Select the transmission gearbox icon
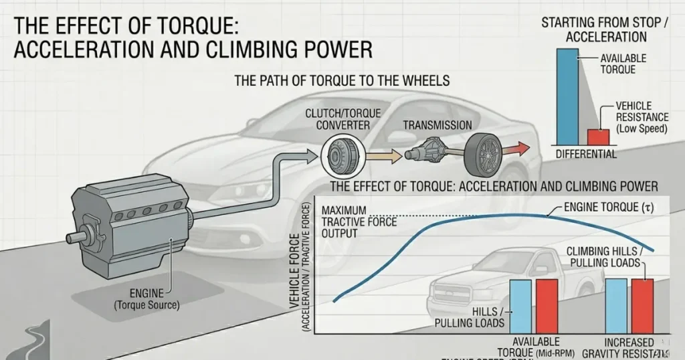(x=428, y=153)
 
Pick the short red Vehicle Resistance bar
(x=598, y=137)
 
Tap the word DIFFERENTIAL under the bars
(x=586, y=155)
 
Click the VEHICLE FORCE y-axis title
(x=296, y=274)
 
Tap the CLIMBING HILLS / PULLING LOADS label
(x=604, y=256)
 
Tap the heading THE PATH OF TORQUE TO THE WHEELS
(x=341, y=80)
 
